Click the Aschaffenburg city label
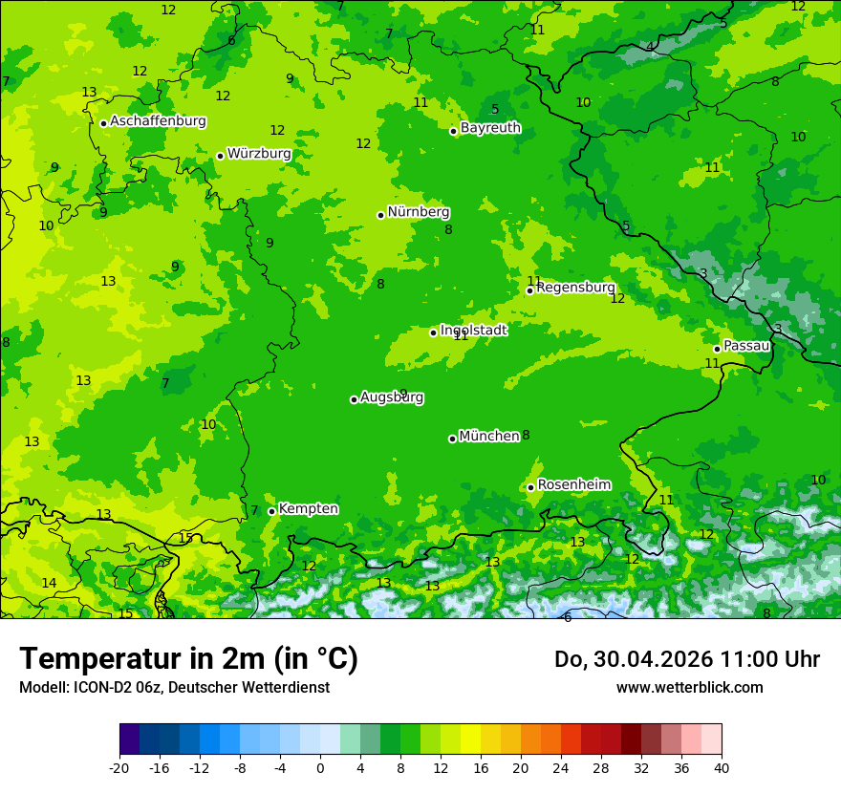(158, 121)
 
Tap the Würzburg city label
(259, 154)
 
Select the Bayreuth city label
(490, 128)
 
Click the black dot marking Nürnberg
(380, 215)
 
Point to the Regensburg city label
(575, 288)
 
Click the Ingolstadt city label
(473, 330)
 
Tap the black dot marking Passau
(717, 349)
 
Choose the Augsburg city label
(392, 397)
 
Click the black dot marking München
(452, 439)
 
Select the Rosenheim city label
(573, 484)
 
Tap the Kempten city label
(308, 508)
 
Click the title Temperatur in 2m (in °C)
(188, 659)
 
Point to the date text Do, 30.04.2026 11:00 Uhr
(686, 659)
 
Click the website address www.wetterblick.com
(689, 687)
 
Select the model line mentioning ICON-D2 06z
(174, 687)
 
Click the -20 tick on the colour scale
(119, 767)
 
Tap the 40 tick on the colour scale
(722, 767)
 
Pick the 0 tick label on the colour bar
(320, 767)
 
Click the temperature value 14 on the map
(49, 583)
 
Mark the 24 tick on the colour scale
(561, 767)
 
